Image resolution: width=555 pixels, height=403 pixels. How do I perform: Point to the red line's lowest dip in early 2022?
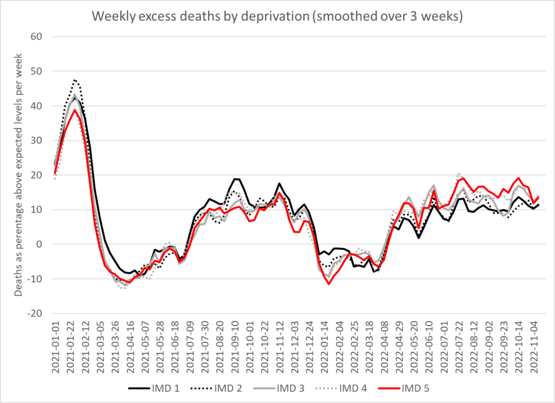pyautogui.click(x=328, y=284)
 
